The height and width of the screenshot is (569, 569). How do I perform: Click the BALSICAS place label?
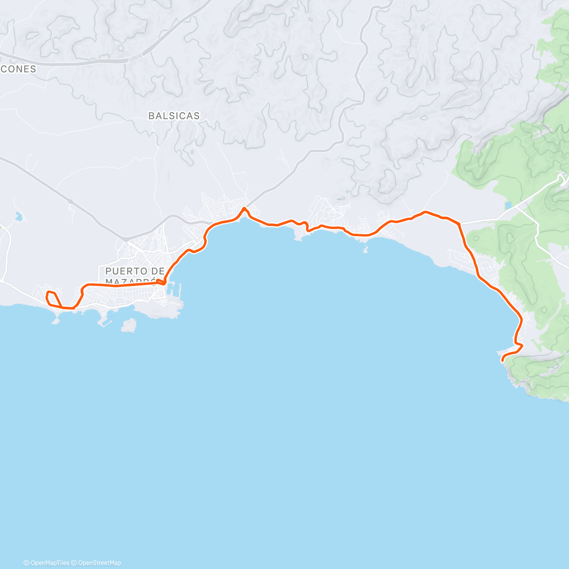[x=174, y=116]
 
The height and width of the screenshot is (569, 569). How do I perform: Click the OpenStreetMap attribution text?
[x=99, y=563]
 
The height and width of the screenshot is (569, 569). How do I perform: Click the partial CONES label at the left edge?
[x=18, y=69]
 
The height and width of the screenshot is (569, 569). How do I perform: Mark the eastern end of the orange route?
[x=502, y=361]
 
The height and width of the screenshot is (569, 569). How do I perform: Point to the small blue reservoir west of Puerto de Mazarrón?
[x=18, y=217]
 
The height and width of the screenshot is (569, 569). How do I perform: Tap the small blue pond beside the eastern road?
[x=508, y=206]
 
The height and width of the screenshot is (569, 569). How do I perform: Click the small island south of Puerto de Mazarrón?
[x=128, y=325]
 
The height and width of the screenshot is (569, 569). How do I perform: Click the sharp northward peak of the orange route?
[x=244, y=208]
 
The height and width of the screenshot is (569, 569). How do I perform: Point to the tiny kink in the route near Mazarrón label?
[x=162, y=283]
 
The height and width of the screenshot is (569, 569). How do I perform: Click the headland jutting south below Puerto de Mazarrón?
[x=161, y=311]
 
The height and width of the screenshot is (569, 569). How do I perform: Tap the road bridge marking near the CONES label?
[x=135, y=57]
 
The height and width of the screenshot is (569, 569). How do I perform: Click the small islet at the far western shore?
[x=56, y=321]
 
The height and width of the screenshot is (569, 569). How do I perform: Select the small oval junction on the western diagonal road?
[x=71, y=202]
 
